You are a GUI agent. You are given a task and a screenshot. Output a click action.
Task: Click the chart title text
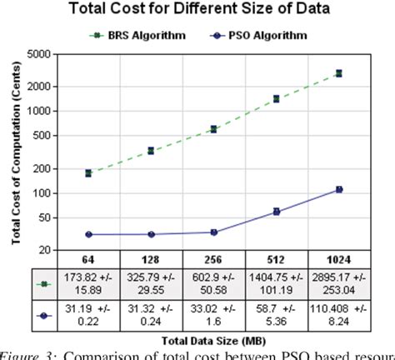click(197, 11)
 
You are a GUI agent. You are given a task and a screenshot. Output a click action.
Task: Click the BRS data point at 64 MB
click(88, 173)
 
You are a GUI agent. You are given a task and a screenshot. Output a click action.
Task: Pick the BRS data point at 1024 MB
click(338, 73)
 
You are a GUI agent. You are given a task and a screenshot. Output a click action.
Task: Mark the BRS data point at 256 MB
click(213, 129)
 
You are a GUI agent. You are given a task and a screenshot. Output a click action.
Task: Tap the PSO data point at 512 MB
click(276, 212)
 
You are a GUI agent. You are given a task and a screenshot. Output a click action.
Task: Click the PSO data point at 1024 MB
click(338, 189)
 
